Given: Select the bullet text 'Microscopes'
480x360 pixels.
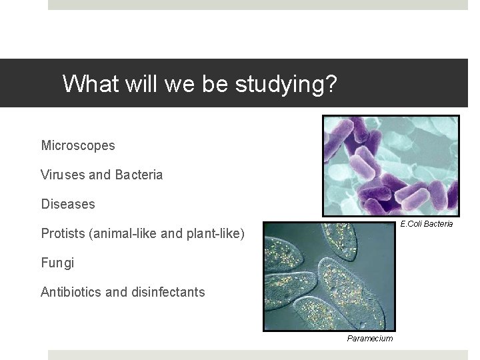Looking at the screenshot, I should click(x=78, y=145).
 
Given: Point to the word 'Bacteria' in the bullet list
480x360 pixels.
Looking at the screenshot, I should click(x=139, y=175).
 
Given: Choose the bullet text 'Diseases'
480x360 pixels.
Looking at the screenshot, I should click(x=68, y=204).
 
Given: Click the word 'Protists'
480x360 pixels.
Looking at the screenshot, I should click(x=63, y=233).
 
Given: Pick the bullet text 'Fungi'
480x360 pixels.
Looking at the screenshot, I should click(x=57, y=263).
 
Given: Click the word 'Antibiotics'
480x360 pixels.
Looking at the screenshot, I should click(x=73, y=292).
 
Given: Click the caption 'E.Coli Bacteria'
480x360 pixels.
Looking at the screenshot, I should click(x=426, y=224).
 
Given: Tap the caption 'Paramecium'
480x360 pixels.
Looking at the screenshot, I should click(x=370, y=339).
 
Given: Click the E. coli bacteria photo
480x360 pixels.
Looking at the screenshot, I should click(x=391, y=165).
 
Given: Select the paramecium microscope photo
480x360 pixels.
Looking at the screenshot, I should click(x=329, y=276).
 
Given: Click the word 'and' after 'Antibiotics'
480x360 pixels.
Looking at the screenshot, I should click(x=120, y=292).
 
